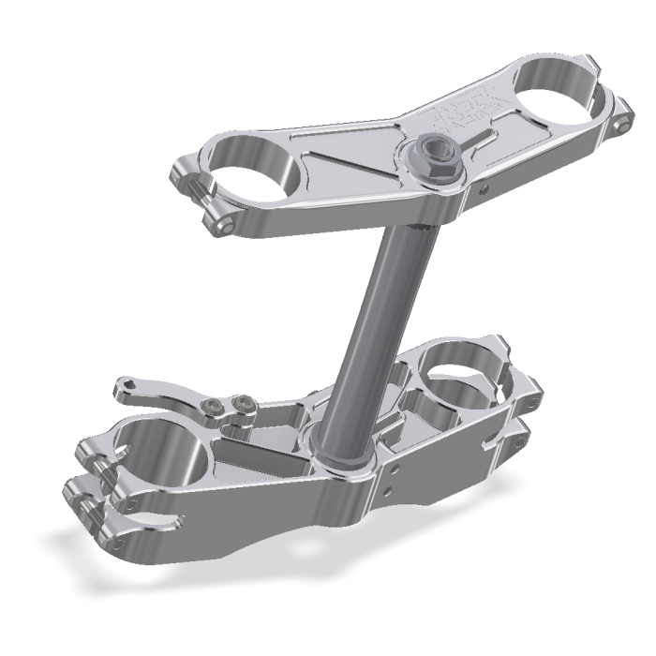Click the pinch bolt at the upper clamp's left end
227,223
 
